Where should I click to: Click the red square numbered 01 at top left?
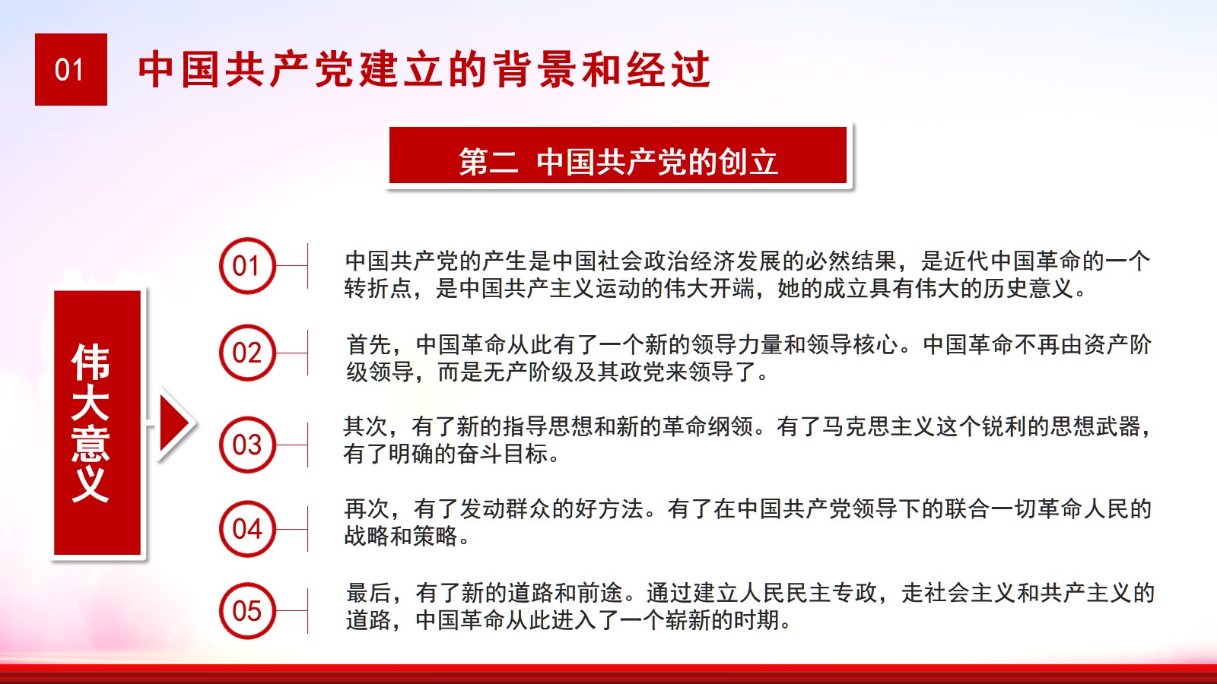[71, 69]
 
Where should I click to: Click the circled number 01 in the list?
[248, 266]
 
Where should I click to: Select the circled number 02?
[248, 353]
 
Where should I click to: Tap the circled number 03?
[248, 445]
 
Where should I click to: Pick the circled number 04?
[248, 529]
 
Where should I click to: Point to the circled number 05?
[248, 611]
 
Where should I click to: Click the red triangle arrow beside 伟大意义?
[175, 423]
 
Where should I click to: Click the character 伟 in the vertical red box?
[91, 362]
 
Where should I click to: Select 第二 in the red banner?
[488, 162]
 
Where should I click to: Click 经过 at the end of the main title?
[669, 69]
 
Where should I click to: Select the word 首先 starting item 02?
[369, 345]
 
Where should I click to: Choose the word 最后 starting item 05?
[369, 593]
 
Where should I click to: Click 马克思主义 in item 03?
[879, 426]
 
